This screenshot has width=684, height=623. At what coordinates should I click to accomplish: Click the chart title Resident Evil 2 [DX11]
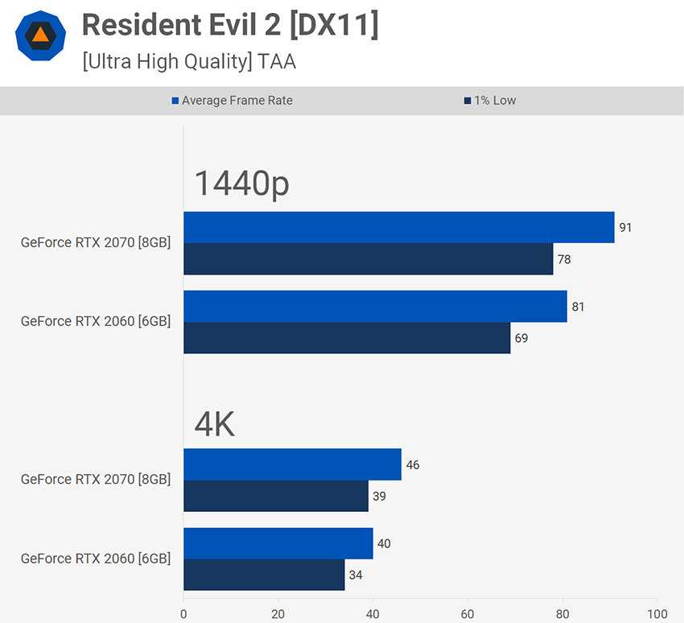coord(229,26)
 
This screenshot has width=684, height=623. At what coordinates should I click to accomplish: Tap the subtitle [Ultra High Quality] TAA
coord(189,61)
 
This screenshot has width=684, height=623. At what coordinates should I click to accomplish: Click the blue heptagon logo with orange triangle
coord(40,35)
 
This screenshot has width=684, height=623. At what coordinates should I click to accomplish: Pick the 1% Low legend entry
coord(490,101)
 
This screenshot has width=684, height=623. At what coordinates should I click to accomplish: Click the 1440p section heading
coord(241,184)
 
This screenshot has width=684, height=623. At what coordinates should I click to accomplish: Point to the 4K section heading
coord(214,424)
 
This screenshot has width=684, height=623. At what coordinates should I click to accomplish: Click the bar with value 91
coord(398,227)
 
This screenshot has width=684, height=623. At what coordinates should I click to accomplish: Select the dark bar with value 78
coord(368,259)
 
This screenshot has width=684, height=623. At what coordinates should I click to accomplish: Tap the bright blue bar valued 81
coord(375,306)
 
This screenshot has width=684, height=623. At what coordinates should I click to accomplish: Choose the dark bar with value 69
coord(347,338)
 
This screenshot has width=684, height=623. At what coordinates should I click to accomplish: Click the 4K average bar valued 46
coord(292,464)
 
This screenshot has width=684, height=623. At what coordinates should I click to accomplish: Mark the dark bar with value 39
coord(275,496)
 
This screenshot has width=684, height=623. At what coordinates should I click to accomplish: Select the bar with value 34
coord(264,575)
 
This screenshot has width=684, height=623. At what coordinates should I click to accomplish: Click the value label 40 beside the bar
coord(384,543)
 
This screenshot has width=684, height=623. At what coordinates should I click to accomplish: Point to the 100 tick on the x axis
coord(657,613)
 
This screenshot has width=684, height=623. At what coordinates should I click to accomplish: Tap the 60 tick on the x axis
coord(468,613)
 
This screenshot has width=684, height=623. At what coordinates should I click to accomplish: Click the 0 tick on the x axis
coord(183,613)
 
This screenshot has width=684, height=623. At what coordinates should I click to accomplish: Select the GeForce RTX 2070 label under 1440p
coord(96,242)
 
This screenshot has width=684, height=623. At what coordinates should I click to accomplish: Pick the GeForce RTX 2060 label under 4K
coord(96,559)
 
